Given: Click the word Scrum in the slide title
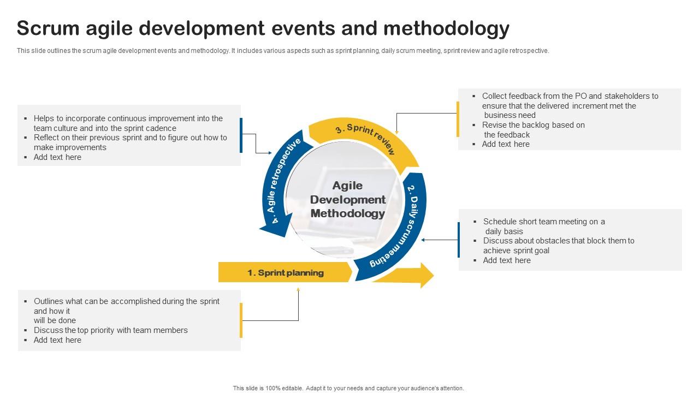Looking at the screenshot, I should pyautogui.click(x=48, y=28).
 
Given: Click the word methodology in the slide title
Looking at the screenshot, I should pyautogui.click(x=446, y=28).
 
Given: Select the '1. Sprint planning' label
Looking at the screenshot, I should pyautogui.click(x=285, y=272).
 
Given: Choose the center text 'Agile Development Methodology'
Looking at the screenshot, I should pyautogui.click(x=348, y=200).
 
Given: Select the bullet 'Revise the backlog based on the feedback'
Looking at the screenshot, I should pyautogui.click(x=533, y=130).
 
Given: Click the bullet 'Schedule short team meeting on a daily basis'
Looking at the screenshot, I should pyautogui.click(x=543, y=226).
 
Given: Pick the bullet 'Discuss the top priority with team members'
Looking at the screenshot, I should pyautogui.click(x=110, y=330).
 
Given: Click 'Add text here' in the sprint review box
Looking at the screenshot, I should pyautogui.click(x=506, y=144).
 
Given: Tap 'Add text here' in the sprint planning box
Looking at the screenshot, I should pyautogui.click(x=57, y=340).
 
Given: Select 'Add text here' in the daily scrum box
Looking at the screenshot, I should pyautogui.click(x=507, y=260).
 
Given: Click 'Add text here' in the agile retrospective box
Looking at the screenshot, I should pyautogui.click(x=57, y=157).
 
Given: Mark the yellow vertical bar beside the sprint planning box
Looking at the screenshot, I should pyautogui.click(x=241, y=320).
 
